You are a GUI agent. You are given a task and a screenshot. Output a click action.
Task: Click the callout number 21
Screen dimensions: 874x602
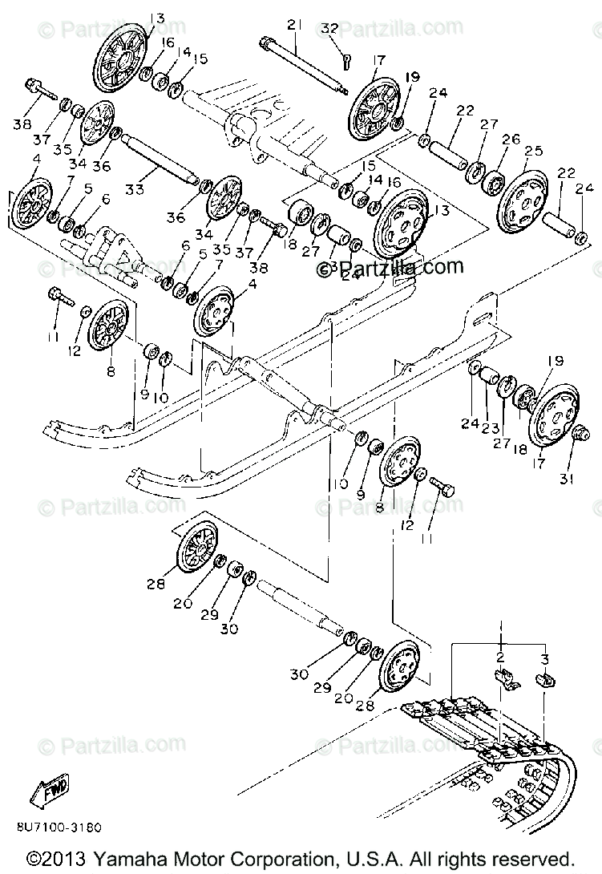pos(294,26)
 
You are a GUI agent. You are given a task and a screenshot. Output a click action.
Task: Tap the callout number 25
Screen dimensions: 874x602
pos(533,151)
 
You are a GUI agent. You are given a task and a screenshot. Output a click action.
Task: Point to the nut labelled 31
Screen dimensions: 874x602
pos(580,435)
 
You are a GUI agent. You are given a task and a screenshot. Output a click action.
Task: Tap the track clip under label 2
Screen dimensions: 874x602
pos(503,678)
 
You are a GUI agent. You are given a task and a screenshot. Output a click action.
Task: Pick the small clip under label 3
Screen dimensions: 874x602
pos(545,681)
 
